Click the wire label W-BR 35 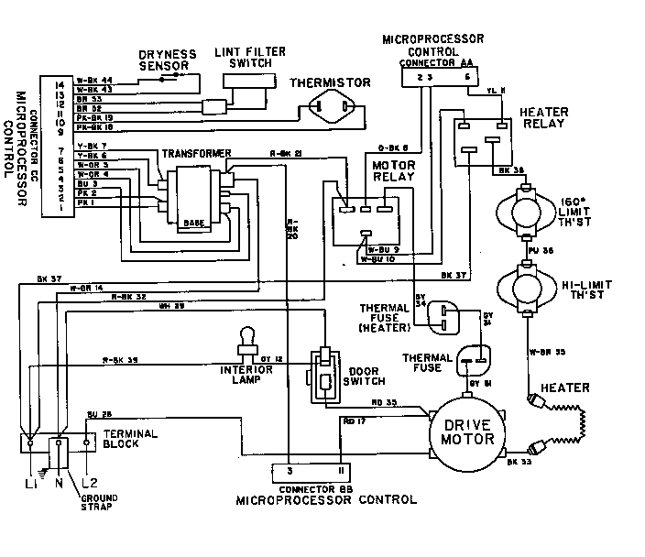click(543, 351)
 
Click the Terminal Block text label click(132, 438)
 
